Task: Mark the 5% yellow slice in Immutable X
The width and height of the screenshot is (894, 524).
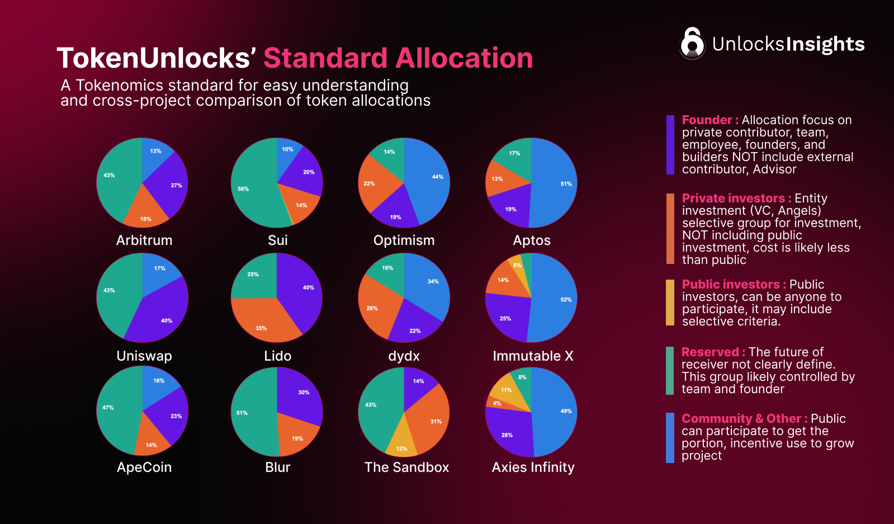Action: click(x=517, y=266)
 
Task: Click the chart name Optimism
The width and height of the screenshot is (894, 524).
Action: click(x=404, y=240)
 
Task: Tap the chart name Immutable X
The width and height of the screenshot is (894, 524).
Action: click(x=533, y=356)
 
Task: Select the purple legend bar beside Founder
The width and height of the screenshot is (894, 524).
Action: click(x=670, y=145)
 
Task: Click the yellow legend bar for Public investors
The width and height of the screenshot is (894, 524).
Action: click(x=670, y=303)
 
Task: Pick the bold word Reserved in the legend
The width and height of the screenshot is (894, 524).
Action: click(x=710, y=352)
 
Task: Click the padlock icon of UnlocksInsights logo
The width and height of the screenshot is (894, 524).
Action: click(x=692, y=43)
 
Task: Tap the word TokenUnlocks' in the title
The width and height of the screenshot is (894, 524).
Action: click(x=157, y=58)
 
